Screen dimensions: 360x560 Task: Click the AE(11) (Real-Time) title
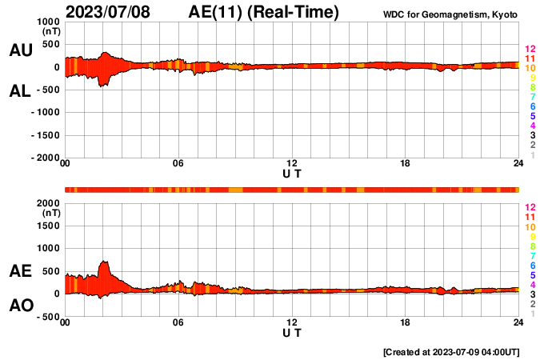[x=263, y=12]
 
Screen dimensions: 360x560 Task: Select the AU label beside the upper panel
[x=20, y=50]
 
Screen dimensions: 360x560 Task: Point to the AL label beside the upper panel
[x=20, y=91]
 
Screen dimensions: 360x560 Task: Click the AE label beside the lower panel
[x=20, y=272]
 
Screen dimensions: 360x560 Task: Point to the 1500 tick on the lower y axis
[x=49, y=226]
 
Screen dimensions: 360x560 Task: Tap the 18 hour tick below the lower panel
[x=406, y=322]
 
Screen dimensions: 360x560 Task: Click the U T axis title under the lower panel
[x=292, y=333]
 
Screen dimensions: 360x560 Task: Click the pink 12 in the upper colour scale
[x=529, y=50]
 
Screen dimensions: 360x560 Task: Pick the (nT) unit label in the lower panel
[x=50, y=214]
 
